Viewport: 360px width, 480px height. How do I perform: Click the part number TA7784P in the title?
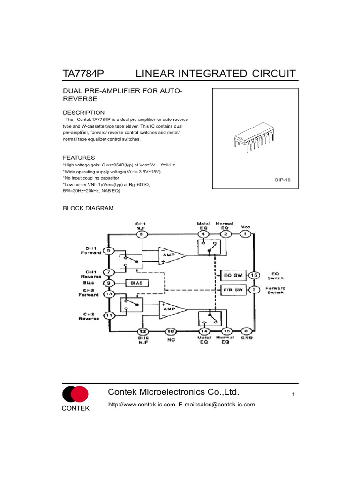tap(83, 74)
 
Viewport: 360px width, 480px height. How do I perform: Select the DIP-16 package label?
tap(282, 180)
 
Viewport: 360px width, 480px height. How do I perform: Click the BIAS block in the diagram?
tap(137, 283)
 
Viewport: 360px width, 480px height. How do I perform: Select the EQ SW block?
tap(233, 275)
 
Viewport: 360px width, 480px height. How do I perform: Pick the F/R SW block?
tap(233, 290)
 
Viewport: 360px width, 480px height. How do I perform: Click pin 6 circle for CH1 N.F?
tap(142, 234)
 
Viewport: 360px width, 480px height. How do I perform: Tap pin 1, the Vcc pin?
tap(245, 234)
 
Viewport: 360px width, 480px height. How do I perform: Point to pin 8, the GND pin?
tap(247, 331)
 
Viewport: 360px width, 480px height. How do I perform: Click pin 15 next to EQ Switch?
tap(254, 275)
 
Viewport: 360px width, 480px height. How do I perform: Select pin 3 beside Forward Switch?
tap(254, 290)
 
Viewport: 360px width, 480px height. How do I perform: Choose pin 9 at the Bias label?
tap(109, 283)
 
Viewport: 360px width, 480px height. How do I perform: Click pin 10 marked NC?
tap(171, 331)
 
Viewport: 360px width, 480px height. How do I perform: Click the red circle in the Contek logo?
tap(81, 394)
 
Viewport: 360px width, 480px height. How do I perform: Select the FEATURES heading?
tap(79, 157)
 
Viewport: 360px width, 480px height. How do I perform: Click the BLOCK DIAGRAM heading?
tap(88, 208)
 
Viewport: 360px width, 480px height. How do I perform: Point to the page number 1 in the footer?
tap(293, 394)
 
